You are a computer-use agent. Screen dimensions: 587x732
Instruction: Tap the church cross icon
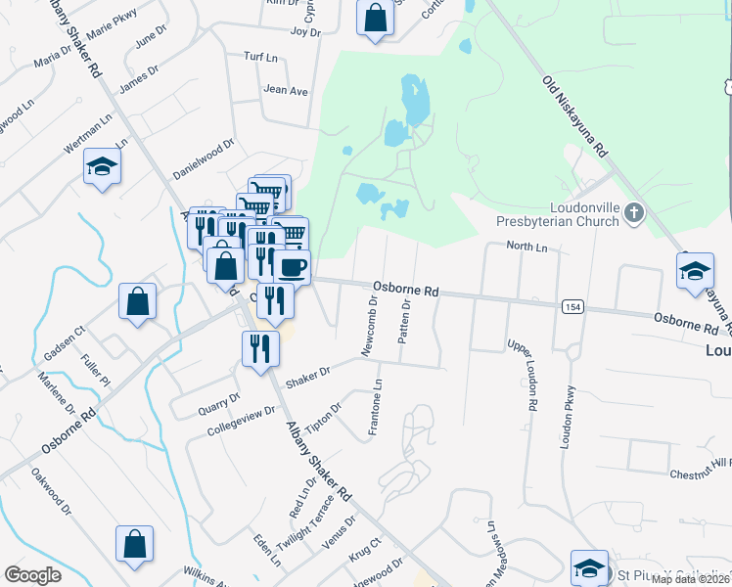(633, 211)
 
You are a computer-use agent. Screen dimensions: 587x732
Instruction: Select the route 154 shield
(573, 307)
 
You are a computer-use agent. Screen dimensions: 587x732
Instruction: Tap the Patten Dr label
(403, 322)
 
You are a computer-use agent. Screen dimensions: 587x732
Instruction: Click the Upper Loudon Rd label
(522, 376)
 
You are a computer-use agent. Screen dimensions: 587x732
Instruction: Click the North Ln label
(526, 248)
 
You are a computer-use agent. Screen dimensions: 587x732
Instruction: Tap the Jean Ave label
(285, 91)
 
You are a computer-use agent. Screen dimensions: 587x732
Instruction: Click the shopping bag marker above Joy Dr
(375, 18)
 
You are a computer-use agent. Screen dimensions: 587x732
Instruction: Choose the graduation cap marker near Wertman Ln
(102, 167)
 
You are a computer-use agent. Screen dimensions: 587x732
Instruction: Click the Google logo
(32, 574)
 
